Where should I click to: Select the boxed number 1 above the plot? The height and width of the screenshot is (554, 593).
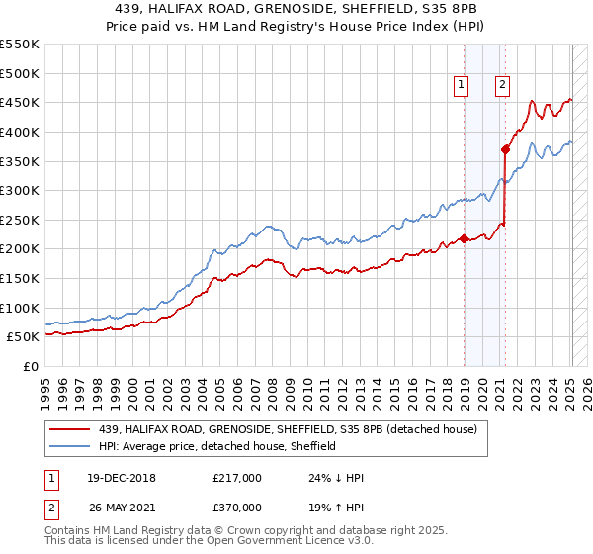click(x=462, y=86)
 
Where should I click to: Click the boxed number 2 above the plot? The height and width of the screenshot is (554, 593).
click(x=503, y=86)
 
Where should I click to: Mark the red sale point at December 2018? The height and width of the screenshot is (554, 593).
click(x=464, y=238)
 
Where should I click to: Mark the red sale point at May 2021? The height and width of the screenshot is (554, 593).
click(x=505, y=149)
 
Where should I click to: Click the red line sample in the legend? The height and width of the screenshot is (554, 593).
click(x=70, y=428)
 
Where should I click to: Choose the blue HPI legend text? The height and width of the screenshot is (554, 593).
click(x=217, y=446)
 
